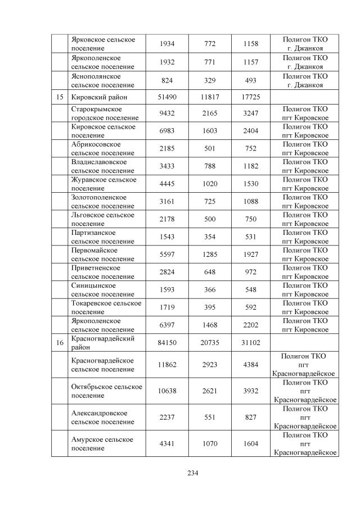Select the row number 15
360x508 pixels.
point(59,97)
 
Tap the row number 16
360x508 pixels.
point(59,342)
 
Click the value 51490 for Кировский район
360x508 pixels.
point(166,97)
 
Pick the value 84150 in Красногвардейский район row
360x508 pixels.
point(166,342)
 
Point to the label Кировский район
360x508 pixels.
point(100,97)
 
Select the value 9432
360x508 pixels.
point(166,114)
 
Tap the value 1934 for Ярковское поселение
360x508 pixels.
point(166,43)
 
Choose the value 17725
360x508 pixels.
point(251,97)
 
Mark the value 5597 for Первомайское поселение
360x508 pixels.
point(166,255)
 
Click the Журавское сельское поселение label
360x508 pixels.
point(104,184)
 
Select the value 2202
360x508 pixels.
point(251,325)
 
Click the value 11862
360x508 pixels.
point(166,365)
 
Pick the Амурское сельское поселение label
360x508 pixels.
point(102,443)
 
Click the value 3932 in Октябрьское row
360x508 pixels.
point(251,391)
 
